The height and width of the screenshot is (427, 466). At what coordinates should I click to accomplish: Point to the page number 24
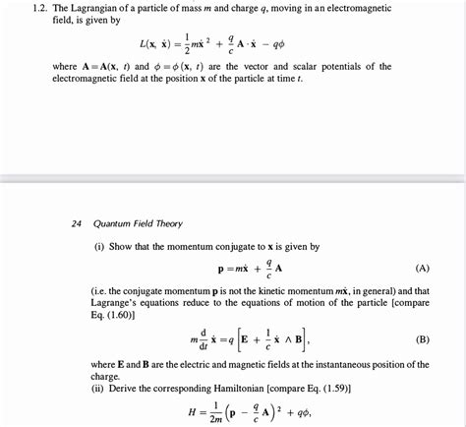pyautogui.click(x=77, y=223)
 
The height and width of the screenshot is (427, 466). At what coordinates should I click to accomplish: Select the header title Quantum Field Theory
pyautogui.click(x=140, y=223)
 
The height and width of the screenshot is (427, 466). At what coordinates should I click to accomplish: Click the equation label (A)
pyautogui.click(x=422, y=268)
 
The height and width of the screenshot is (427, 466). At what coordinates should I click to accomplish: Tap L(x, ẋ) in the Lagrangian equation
pyautogui.click(x=161, y=44)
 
